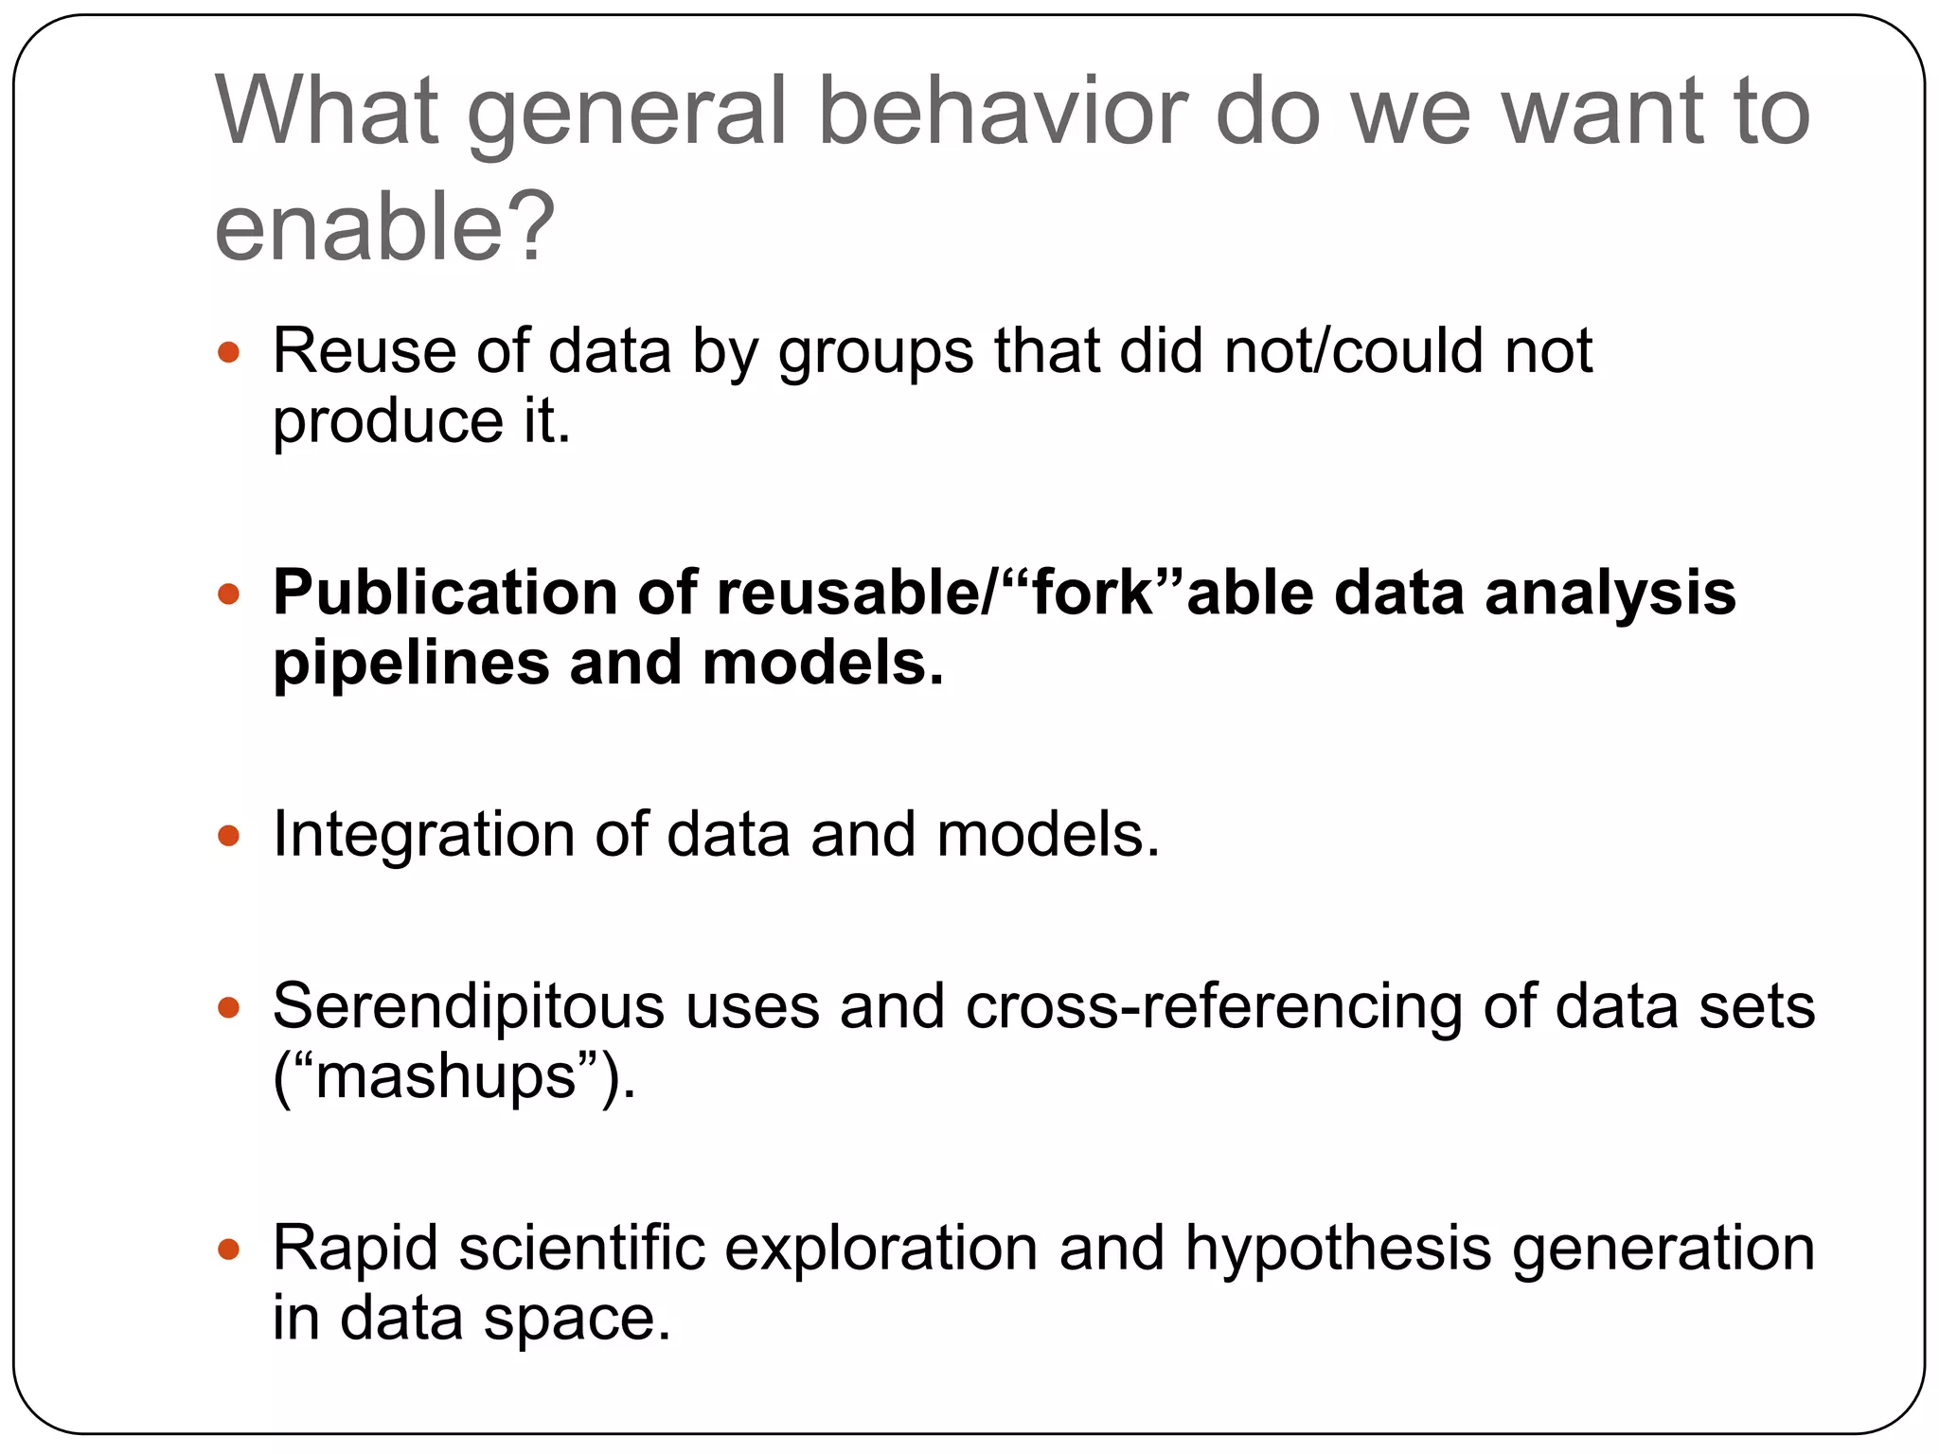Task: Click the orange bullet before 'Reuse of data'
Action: point(229,353)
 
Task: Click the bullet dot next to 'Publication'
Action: point(229,594)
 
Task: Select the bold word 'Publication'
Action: point(445,594)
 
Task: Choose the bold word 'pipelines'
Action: point(411,665)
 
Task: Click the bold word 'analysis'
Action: point(1610,594)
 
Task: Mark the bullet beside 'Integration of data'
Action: point(229,836)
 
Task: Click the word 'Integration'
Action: point(423,836)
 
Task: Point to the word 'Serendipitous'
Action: point(469,1006)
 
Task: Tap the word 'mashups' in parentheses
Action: point(446,1077)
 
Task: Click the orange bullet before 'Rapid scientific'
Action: point(229,1249)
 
